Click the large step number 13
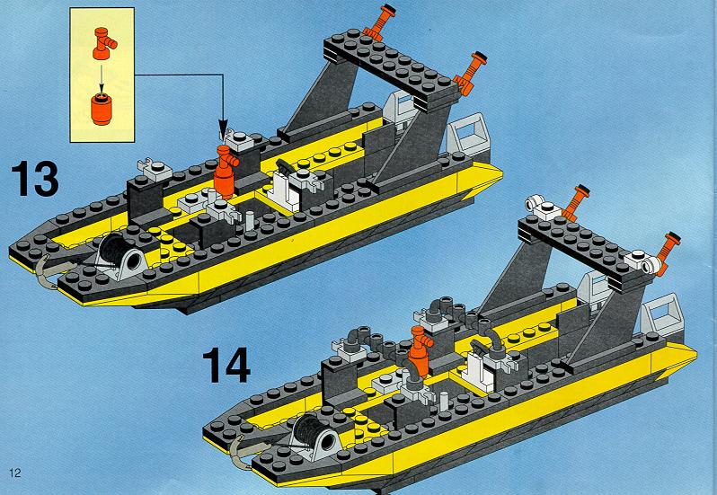(35, 179)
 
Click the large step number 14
(226, 364)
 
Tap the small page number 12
(15, 473)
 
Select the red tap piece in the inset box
(104, 43)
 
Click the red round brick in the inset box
(102, 109)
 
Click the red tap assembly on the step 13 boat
(225, 172)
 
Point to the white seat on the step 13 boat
(285, 190)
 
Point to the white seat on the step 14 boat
(479, 371)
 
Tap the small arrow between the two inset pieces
(102, 75)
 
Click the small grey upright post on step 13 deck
(249, 221)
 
